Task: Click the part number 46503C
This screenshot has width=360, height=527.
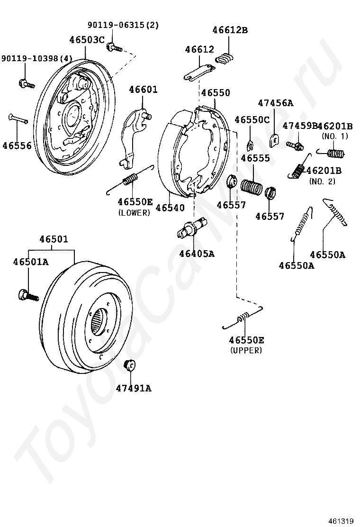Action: click(x=87, y=40)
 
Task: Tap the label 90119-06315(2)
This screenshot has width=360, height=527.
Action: click(x=123, y=25)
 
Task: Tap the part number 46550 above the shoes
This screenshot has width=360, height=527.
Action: click(x=215, y=93)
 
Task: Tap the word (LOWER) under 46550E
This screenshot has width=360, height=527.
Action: click(x=134, y=213)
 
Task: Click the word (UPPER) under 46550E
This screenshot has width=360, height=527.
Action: click(x=246, y=351)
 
